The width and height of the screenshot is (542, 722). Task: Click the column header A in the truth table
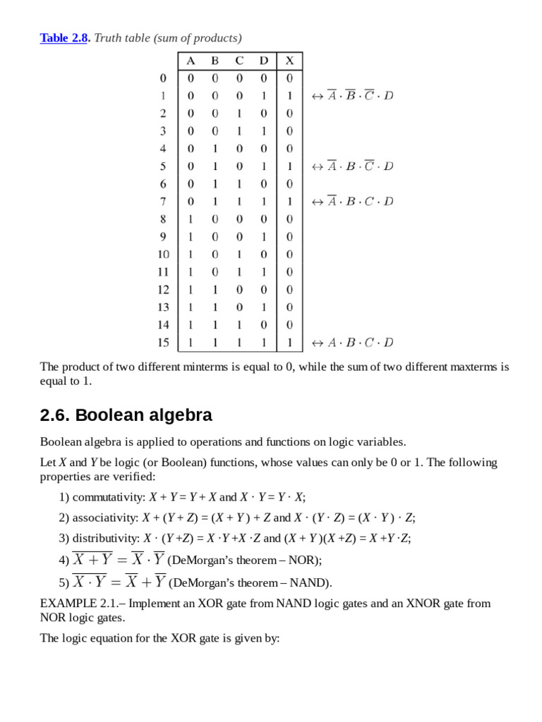191,61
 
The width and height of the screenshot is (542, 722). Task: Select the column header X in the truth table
289,61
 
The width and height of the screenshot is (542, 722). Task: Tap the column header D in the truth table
263,61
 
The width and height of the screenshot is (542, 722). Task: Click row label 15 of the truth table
163,343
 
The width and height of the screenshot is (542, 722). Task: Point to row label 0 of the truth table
163,78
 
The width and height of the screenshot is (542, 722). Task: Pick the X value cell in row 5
289,166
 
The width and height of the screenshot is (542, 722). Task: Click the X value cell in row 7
289,202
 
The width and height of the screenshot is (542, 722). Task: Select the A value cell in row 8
191,219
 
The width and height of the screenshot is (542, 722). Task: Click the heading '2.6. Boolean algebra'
126,415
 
